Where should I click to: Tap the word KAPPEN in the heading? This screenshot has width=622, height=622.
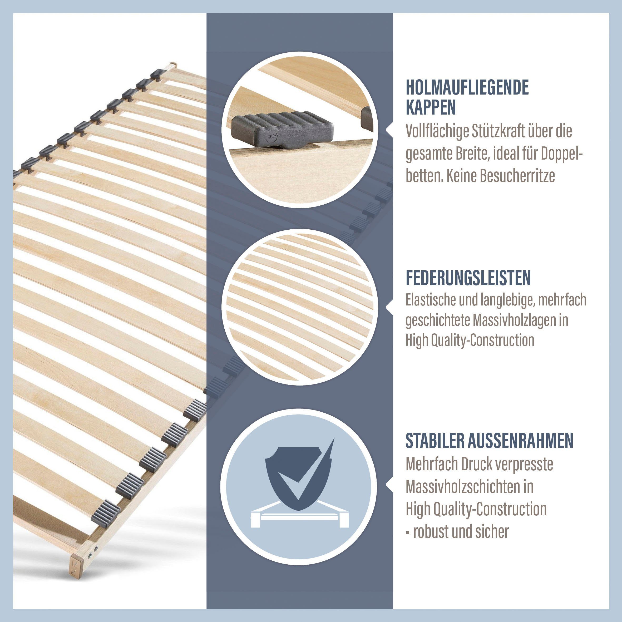pyautogui.click(x=431, y=107)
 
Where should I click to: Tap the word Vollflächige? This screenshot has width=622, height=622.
pyautogui.click(x=437, y=132)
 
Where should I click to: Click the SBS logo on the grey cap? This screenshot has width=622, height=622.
pyautogui.click(x=270, y=137)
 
